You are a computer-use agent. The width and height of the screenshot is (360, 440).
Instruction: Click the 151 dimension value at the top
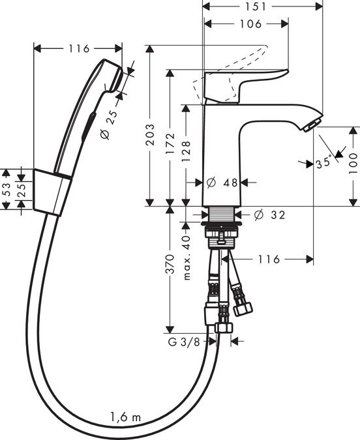256,7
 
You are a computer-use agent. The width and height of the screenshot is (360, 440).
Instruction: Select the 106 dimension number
250,24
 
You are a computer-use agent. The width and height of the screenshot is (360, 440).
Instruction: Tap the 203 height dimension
151,134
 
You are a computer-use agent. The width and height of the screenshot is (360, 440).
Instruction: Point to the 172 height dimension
170,144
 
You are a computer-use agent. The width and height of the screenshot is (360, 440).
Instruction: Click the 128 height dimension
186,151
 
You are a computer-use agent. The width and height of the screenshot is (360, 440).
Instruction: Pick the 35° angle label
323,164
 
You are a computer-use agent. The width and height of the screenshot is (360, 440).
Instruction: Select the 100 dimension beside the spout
353,164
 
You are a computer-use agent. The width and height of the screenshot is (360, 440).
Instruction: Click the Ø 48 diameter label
222,183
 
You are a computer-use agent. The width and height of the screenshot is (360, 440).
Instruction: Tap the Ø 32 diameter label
269,215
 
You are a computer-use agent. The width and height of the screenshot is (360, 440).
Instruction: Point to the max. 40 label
186,257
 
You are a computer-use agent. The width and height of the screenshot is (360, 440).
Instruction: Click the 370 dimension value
170,264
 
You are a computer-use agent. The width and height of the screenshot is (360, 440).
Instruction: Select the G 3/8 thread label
184,342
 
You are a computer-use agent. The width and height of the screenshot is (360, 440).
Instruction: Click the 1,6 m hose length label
125,417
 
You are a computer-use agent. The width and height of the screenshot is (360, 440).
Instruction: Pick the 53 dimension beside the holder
6,189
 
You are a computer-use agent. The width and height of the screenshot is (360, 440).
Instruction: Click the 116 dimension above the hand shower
79,48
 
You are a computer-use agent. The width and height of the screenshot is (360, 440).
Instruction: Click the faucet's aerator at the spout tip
311,125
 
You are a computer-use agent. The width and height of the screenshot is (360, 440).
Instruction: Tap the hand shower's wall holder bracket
53,192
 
